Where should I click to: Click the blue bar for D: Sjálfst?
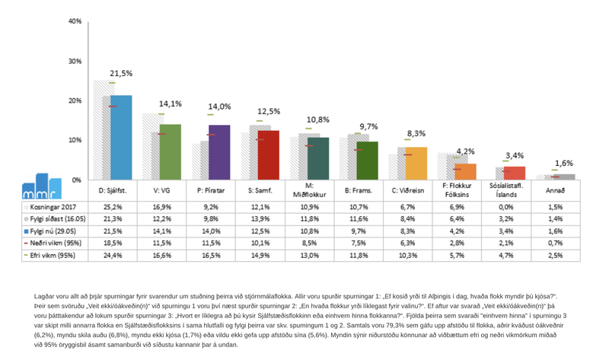point(121,137)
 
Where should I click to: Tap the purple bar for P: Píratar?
point(219,152)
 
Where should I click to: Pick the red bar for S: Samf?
point(268,155)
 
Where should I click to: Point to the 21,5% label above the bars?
point(121,74)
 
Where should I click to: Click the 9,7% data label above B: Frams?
point(368,126)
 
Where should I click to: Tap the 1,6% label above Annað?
point(564,163)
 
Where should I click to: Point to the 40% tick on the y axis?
point(75,21)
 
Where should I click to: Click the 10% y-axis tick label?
point(75,140)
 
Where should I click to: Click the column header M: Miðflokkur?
point(309,190)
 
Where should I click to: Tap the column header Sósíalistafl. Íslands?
point(506,190)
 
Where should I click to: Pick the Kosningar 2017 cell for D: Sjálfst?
point(113,207)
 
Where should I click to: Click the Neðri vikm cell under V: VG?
point(161,244)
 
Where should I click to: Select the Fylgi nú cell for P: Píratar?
point(211,231)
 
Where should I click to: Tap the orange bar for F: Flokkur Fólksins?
point(465,171)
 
